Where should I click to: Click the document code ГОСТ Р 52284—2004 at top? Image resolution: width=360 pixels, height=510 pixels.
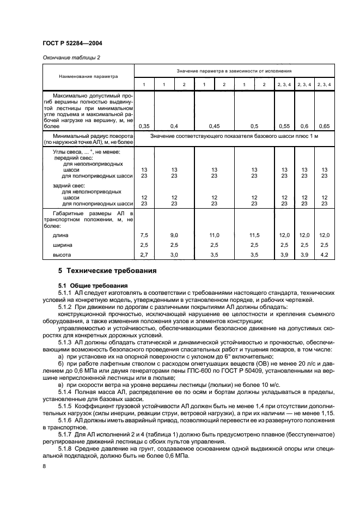click(x=70, y=42)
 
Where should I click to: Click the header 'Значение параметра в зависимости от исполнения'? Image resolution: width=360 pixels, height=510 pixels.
click(x=234, y=71)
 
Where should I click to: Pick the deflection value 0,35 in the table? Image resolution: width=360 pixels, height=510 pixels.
click(x=144, y=126)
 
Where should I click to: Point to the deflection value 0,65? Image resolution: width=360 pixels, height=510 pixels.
click(x=324, y=126)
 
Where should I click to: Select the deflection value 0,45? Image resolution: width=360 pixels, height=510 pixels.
click(x=214, y=126)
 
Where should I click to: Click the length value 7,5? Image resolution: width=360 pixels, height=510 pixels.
click(x=144, y=235)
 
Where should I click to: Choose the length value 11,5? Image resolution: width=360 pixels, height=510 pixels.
click(x=254, y=235)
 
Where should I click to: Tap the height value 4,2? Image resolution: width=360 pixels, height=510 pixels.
click(x=324, y=254)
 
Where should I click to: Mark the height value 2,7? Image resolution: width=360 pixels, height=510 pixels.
click(x=144, y=254)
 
